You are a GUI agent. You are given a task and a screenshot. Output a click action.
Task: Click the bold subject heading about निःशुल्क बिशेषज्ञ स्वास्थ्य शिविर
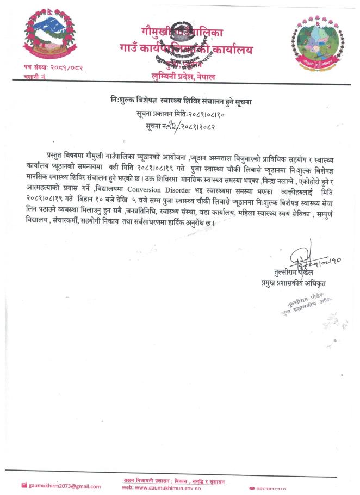[x=179, y=101]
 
